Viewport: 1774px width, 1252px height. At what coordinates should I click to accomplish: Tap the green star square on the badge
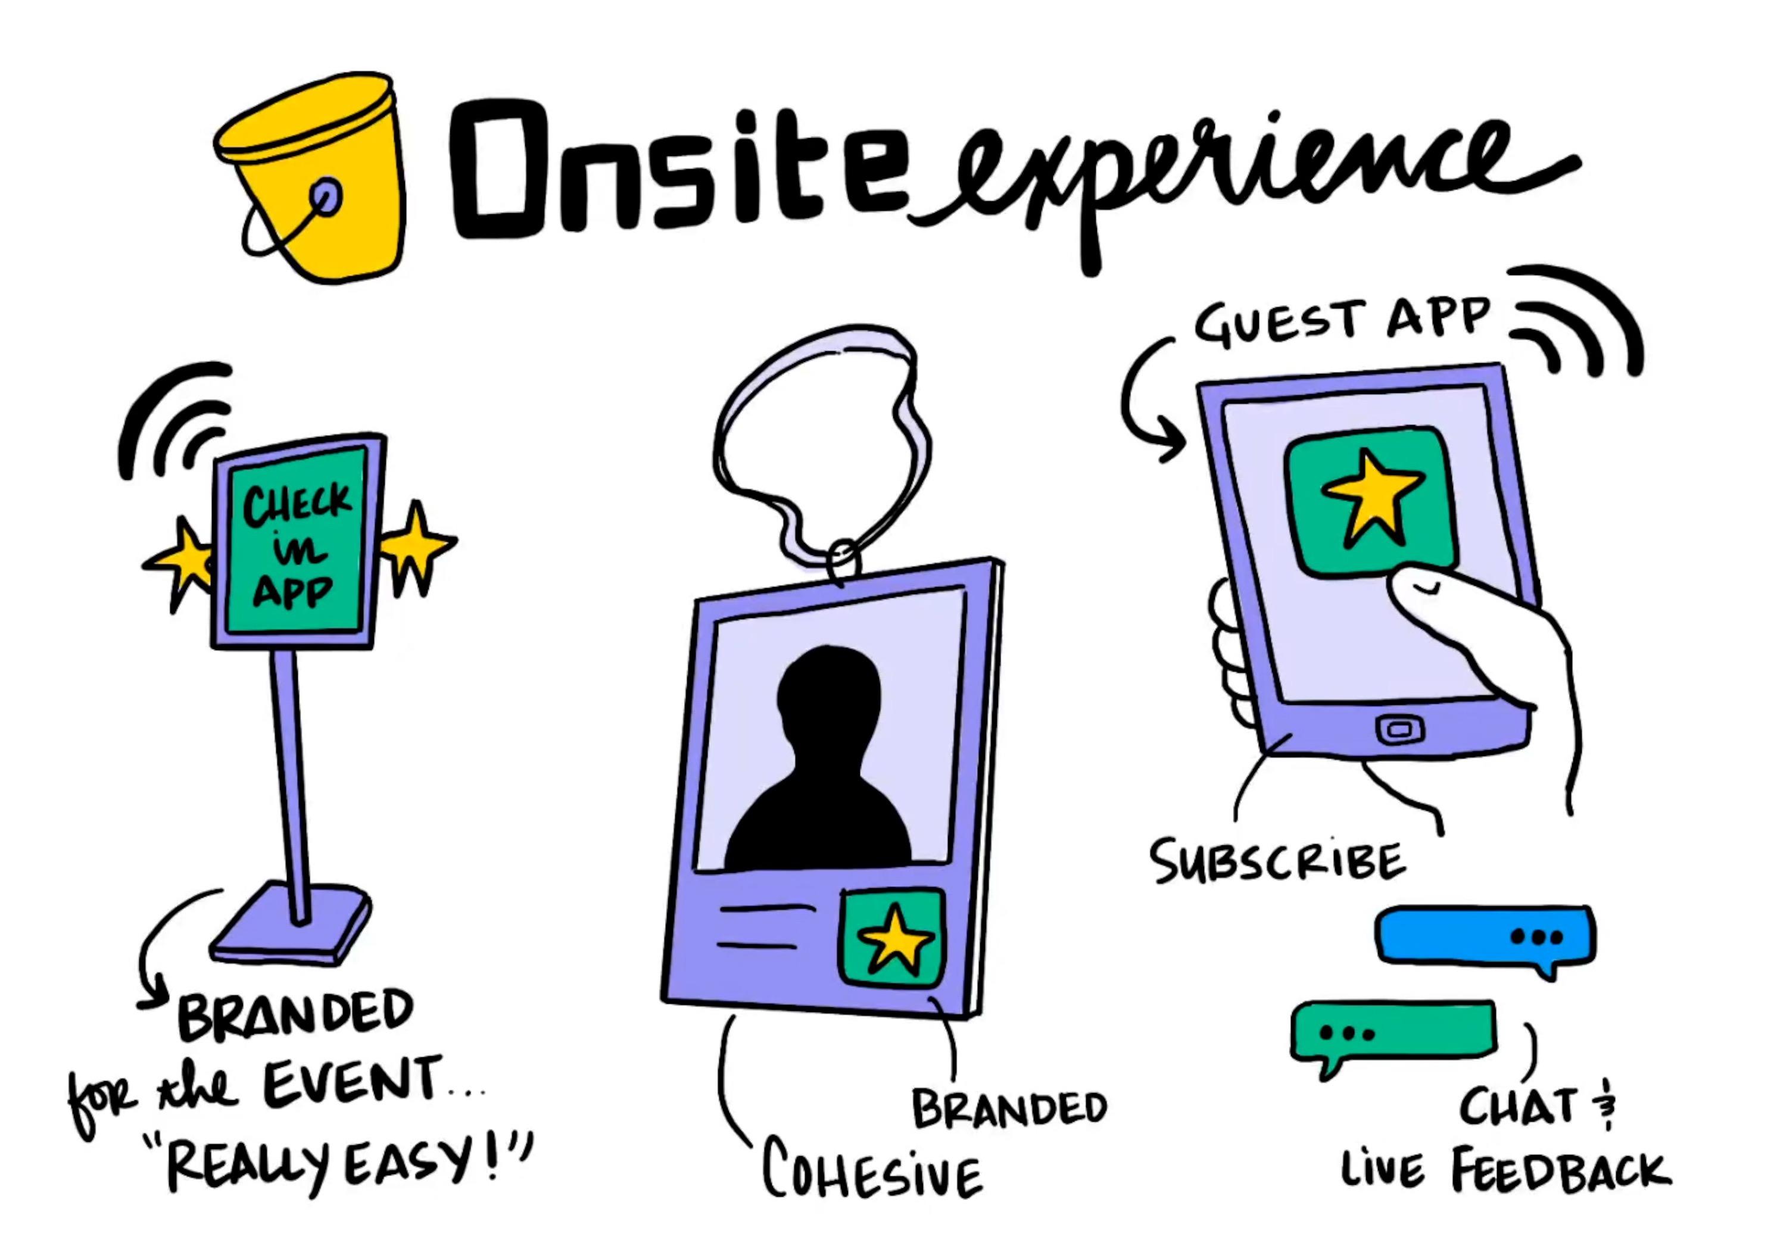(x=893, y=938)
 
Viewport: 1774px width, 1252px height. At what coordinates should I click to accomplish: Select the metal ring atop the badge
(x=843, y=561)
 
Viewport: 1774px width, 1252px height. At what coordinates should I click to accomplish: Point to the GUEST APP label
(x=1342, y=322)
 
